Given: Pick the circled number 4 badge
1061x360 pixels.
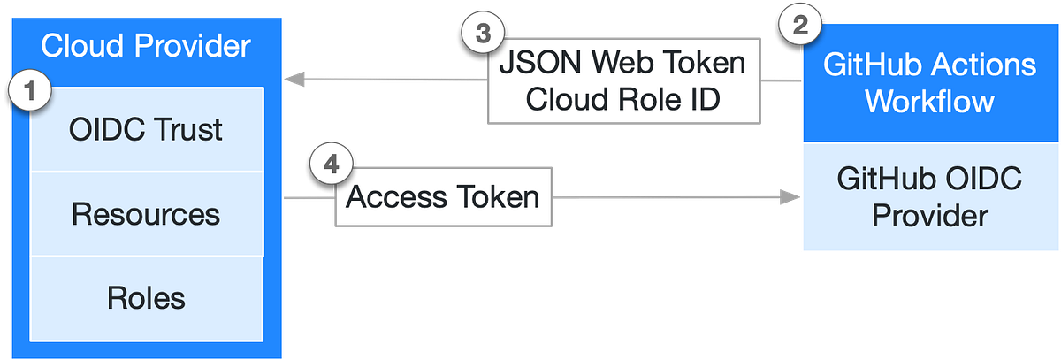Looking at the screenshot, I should coord(331,165).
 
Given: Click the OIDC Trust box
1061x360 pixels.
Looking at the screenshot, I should coord(147,131).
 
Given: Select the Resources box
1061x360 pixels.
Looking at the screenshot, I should coord(147,214).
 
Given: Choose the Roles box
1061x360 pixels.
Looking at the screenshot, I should coord(147,297).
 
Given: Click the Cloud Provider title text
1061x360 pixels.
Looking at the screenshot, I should coord(147,45).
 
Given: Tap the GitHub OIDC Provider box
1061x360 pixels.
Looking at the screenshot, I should coord(929,198).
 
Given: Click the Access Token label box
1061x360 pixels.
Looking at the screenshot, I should coord(443,196).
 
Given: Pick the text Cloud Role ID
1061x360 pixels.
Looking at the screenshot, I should coord(622,99).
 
